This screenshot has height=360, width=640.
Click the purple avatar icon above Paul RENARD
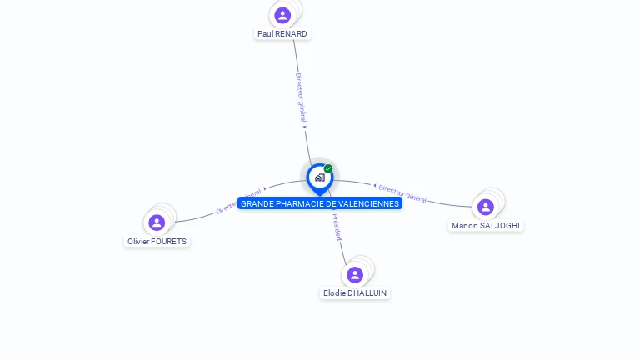(x=282, y=15)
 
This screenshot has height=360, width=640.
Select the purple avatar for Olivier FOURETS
(x=157, y=222)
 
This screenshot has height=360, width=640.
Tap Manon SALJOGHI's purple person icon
(x=486, y=207)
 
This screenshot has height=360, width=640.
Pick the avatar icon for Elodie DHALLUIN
(x=355, y=275)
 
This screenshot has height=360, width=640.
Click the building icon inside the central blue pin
(x=319, y=177)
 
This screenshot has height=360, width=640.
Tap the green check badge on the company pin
(x=328, y=168)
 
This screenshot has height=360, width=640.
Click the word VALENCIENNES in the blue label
(x=369, y=203)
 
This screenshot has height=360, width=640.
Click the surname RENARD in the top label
(x=292, y=34)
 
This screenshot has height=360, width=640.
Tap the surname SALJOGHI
(x=501, y=226)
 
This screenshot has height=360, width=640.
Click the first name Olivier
(x=138, y=242)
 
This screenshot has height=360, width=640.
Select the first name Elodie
(x=334, y=293)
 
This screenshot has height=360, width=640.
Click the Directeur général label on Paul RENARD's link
(x=302, y=99)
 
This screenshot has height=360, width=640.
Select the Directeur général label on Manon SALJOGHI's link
(x=402, y=193)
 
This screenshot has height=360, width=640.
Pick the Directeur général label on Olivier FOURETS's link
(x=238, y=201)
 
